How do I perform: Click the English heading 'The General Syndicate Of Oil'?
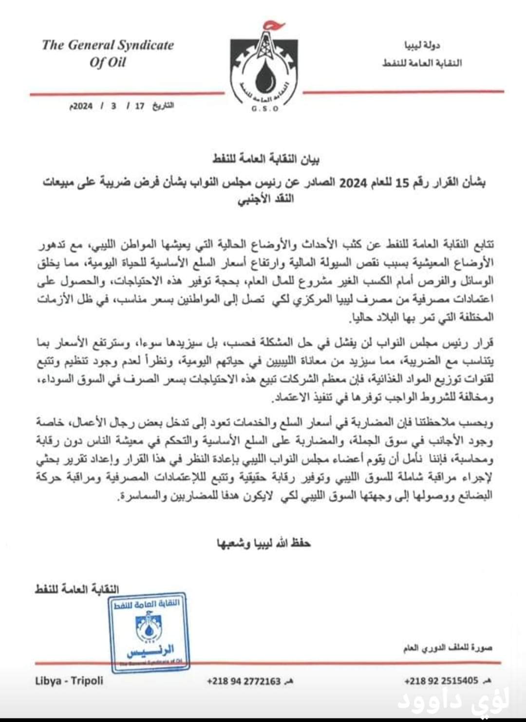(108, 53)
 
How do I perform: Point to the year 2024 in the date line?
(82, 106)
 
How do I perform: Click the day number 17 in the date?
(140, 106)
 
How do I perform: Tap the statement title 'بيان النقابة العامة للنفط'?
(266, 159)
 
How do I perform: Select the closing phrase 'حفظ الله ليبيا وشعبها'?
(263, 543)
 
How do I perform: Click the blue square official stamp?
(148, 631)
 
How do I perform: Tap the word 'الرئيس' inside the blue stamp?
(150, 650)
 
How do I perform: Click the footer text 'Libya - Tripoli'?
(69, 681)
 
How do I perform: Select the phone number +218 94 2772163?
(244, 681)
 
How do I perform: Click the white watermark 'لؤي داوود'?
(453, 701)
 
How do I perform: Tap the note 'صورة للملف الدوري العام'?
(448, 648)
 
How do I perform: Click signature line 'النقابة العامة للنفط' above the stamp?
(77, 589)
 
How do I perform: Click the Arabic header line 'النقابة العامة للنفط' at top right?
(422, 63)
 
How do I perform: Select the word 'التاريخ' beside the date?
(163, 106)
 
